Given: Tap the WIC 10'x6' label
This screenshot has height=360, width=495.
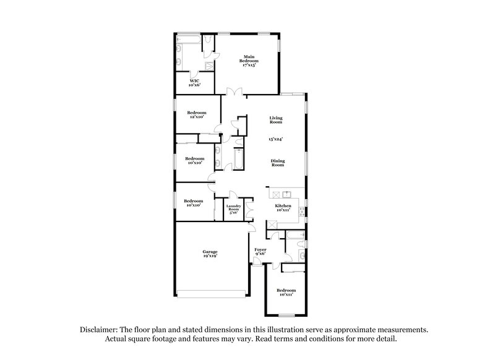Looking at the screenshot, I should tap(194, 83).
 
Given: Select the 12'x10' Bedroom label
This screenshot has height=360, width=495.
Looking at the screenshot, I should tap(196, 115).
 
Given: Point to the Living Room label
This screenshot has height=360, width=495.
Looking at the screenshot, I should tap(275, 120).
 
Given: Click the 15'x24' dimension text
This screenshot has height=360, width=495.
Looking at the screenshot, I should tap(275, 139).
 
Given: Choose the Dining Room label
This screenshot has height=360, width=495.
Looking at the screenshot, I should tap(277, 163).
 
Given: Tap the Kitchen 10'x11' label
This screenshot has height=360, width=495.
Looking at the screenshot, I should tap(283, 208).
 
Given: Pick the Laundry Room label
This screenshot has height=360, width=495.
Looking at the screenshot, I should tap(233, 209).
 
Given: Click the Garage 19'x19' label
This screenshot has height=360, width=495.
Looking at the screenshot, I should tap(210, 254).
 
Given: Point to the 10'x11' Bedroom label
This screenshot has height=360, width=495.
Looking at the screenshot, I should tap(286, 293).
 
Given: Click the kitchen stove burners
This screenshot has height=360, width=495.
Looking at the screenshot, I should tap(301, 211).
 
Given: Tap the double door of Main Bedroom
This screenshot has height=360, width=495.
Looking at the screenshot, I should tap(233, 92).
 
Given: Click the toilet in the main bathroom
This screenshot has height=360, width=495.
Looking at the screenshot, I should tap(209, 41).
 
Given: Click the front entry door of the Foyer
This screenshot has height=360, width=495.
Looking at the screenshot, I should tap(257, 262).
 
